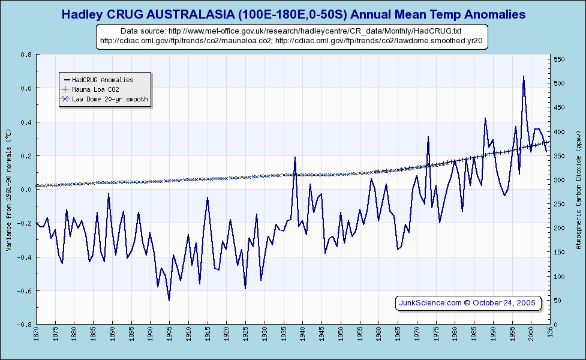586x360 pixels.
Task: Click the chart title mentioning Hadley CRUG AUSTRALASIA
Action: click(293, 14)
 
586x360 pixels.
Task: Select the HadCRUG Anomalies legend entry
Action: click(103, 79)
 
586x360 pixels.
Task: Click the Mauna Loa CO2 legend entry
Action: click(99, 89)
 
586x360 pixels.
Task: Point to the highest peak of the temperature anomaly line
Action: click(524, 76)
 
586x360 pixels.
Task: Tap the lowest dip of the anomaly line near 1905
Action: click(169, 300)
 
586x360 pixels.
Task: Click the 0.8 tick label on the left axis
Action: click(27, 55)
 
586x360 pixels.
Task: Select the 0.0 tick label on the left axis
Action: click(27, 190)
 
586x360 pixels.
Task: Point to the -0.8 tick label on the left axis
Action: click(25, 325)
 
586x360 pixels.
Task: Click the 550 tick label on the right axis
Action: click(559, 59)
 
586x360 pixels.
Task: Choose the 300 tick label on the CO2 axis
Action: click(559, 180)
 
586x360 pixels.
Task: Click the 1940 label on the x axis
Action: click(303, 335)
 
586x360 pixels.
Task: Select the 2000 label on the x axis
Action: click(531, 335)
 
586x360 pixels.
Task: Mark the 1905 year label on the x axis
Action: click(170, 335)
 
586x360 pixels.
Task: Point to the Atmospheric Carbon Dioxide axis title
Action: click(578, 190)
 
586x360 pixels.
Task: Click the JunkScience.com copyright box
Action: click(468, 302)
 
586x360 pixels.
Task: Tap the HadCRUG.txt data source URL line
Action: click(291, 31)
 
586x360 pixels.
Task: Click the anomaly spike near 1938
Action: click(295, 157)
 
